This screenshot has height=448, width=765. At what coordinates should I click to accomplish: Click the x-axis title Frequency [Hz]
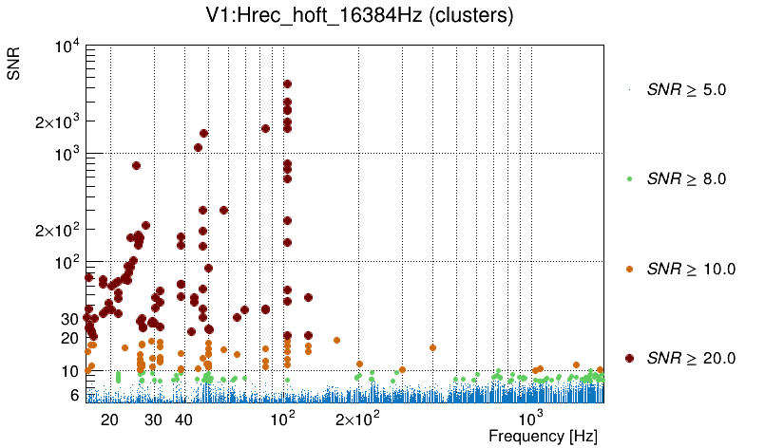click(543, 437)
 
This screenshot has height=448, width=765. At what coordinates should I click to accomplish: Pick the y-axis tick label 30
click(67, 319)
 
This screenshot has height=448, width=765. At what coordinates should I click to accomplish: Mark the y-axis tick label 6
click(72, 395)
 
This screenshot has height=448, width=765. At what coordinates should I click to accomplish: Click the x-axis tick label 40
click(184, 419)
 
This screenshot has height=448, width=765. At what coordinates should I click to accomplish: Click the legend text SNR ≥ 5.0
click(686, 90)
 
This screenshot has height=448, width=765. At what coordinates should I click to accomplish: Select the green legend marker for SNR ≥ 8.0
click(630, 178)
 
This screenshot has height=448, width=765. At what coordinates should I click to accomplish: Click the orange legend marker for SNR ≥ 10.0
click(630, 269)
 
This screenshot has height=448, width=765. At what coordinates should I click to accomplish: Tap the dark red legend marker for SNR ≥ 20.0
click(630, 358)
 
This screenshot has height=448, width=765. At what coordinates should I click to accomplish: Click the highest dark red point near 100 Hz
click(287, 84)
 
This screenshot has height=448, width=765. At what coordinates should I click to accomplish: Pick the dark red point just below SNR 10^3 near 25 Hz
click(136, 165)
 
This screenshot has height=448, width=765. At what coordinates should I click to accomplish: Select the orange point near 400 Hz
click(432, 347)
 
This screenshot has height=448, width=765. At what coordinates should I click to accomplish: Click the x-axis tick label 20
click(109, 419)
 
